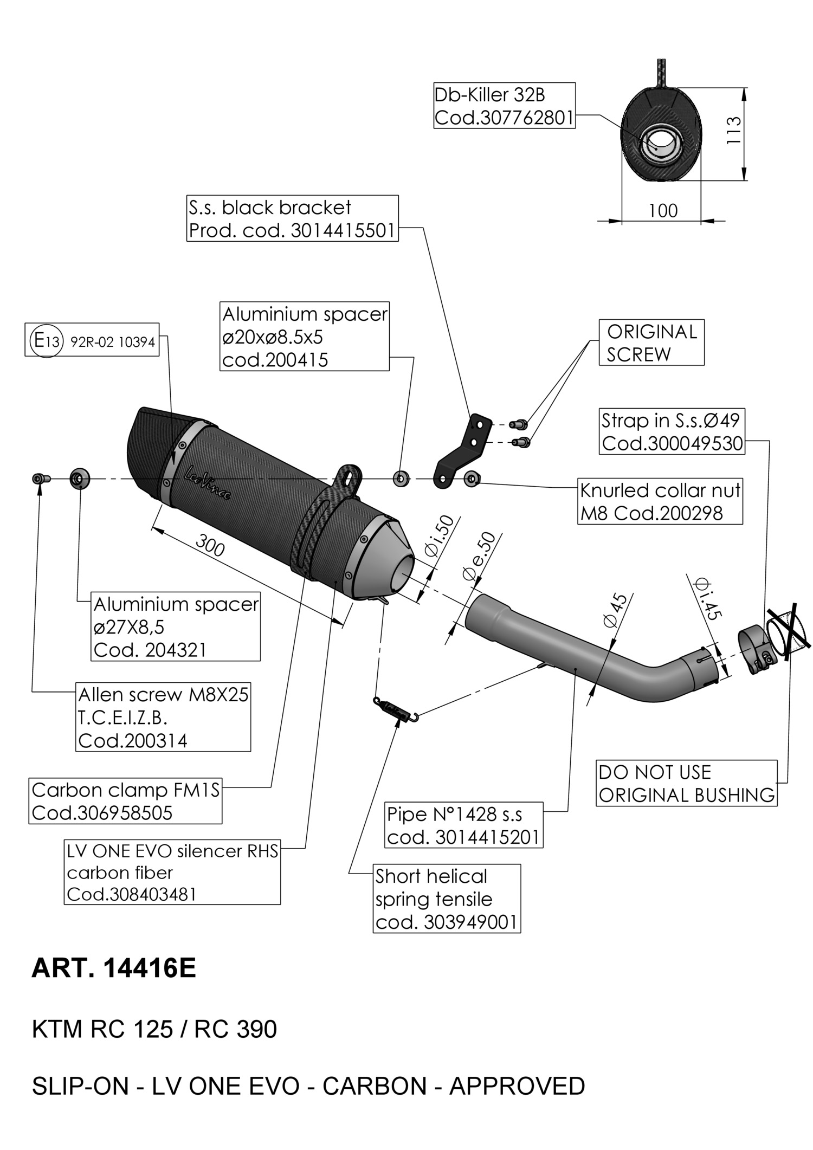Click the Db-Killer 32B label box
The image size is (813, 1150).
pyautogui.click(x=504, y=106)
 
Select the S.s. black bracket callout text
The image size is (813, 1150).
pyautogui.click(x=292, y=218)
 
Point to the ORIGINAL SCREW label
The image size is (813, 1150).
pyautogui.click(x=651, y=343)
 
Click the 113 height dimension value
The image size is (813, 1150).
pyautogui.click(x=732, y=130)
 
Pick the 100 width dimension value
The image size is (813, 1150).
pyautogui.click(x=663, y=210)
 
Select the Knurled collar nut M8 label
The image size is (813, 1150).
pyautogui.click(x=660, y=501)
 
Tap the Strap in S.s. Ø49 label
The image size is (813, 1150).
pyautogui.click(x=672, y=431)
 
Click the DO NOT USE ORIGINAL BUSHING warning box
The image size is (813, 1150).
pyautogui.click(x=686, y=783)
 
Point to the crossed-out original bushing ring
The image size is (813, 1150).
pyautogui.click(x=786, y=629)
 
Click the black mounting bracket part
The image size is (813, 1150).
pyautogui.click(x=463, y=452)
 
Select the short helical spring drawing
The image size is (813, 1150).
pyautogui.click(x=396, y=710)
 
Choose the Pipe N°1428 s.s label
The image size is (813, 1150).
pyautogui.click(x=463, y=825)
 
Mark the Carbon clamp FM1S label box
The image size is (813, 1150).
pyautogui.click(x=125, y=801)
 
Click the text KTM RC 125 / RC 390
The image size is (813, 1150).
pyautogui.click(x=154, y=1029)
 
